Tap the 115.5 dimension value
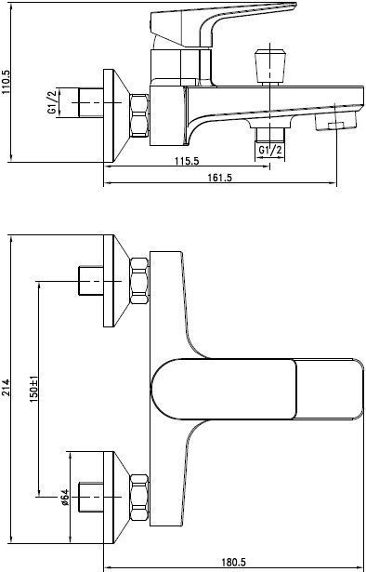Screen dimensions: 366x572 tap(188, 161)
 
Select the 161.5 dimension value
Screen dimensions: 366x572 tap(219, 178)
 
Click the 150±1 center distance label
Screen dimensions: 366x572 tap(33, 390)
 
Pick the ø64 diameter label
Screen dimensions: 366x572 tap(64, 497)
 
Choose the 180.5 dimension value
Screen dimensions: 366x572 tap(233, 562)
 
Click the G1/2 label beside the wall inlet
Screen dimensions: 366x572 tap(52, 102)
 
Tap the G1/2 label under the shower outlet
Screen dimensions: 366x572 tap(270, 150)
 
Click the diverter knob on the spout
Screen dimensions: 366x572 tap(269, 66)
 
